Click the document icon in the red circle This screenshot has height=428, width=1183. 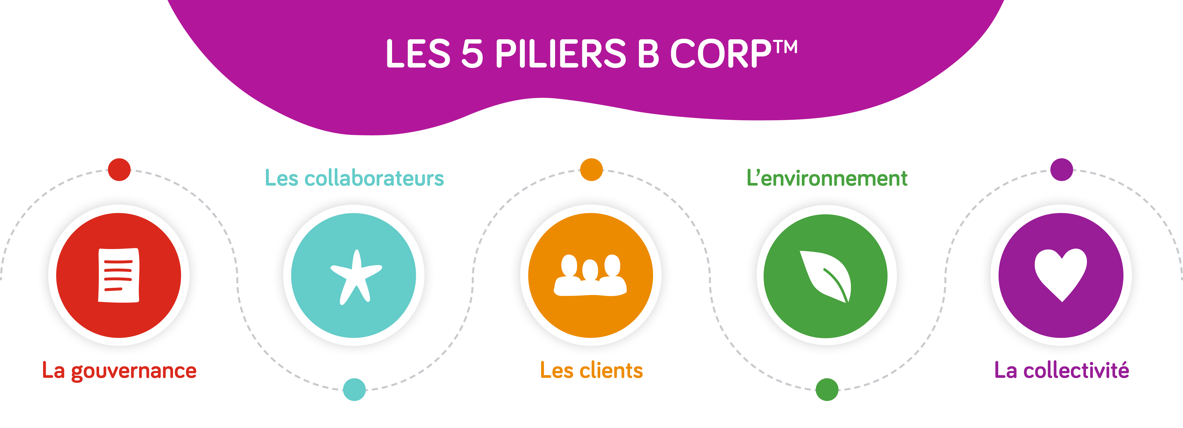(x=119, y=275)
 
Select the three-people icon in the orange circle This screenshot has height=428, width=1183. (x=591, y=275)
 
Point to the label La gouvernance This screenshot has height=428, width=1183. (x=119, y=370)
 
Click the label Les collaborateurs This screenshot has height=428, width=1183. (x=354, y=178)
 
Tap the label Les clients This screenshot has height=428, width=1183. (x=591, y=370)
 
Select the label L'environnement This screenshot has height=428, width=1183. (x=827, y=178)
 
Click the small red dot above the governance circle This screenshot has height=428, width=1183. (x=119, y=170)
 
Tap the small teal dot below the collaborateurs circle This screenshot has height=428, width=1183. (x=354, y=389)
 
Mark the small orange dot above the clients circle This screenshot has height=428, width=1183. (x=591, y=170)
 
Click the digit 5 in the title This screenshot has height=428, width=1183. (x=472, y=54)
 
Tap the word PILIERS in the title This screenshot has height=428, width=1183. (x=560, y=54)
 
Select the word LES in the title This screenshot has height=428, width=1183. (x=418, y=54)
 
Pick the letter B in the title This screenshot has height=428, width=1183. (x=649, y=54)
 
